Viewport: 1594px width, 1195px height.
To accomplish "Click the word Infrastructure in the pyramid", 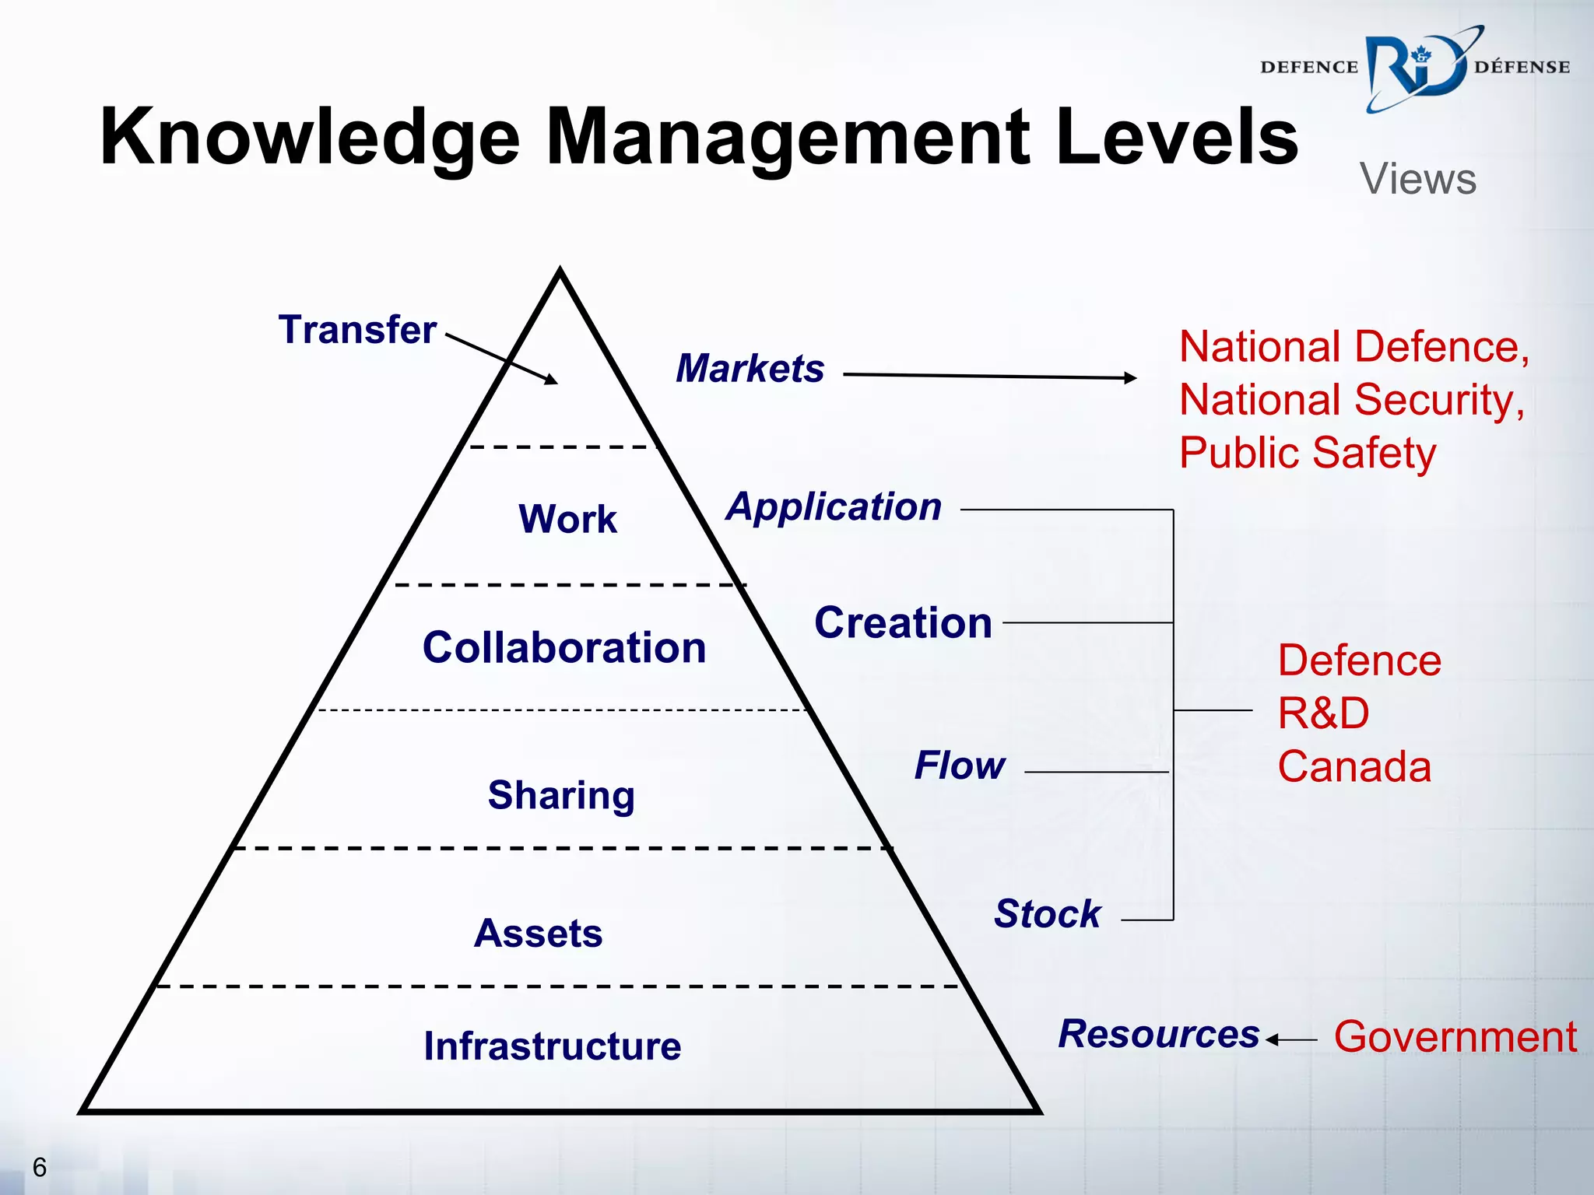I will pyautogui.click(x=552, y=1046).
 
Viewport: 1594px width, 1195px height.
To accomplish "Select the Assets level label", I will pyautogui.click(x=538, y=933).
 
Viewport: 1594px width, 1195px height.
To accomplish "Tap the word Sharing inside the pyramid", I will pyautogui.click(x=561, y=795).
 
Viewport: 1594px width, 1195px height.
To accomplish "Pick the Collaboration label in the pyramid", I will pyautogui.click(x=564, y=647).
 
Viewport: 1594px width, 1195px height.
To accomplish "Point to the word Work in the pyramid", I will pyautogui.click(x=567, y=518).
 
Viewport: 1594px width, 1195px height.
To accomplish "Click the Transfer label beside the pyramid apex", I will pyautogui.click(x=357, y=329).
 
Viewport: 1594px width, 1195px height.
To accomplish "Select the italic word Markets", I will pyautogui.click(x=750, y=368).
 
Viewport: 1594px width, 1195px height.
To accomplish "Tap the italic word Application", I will pyautogui.click(x=834, y=506).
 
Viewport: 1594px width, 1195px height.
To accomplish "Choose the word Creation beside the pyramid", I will pyautogui.click(x=903, y=622).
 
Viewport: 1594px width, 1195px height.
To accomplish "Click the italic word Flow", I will pyautogui.click(x=960, y=766).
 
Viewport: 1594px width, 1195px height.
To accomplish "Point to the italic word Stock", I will pyautogui.click(x=1048, y=913).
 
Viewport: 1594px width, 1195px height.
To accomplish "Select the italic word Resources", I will pyautogui.click(x=1158, y=1034).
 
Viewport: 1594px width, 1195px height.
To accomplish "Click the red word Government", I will pyautogui.click(x=1455, y=1037).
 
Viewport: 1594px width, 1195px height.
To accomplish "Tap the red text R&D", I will pyautogui.click(x=1323, y=713).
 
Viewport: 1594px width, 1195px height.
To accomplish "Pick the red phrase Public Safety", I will pyautogui.click(x=1308, y=453).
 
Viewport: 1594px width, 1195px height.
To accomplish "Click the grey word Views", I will pyautogui.click(x=1417, y=179).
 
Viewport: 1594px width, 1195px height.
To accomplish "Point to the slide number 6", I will pyautogui.click(x=39, y=1167).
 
